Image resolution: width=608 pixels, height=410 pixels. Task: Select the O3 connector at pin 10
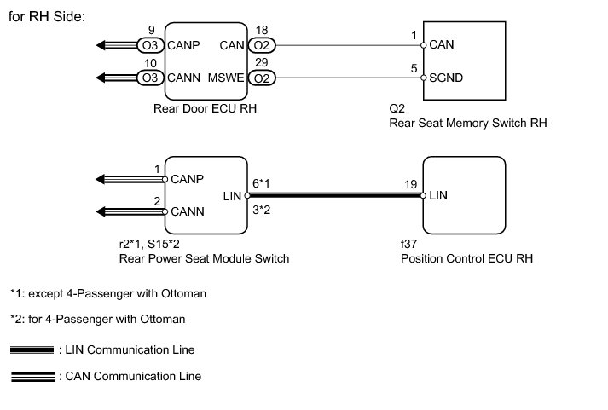151,78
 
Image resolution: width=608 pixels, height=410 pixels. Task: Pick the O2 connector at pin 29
262,78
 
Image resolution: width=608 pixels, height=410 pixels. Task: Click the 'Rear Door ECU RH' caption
205,108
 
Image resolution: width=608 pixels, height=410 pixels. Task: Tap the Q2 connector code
395,108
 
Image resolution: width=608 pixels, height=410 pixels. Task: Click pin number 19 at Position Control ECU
410,182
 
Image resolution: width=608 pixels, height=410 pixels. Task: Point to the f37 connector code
408,243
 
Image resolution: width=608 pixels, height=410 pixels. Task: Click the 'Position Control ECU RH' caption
466,258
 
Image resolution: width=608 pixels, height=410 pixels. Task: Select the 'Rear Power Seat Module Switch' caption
204,258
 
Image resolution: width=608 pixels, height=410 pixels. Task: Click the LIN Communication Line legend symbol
32,349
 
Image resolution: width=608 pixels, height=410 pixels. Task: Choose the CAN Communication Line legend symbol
32,376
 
